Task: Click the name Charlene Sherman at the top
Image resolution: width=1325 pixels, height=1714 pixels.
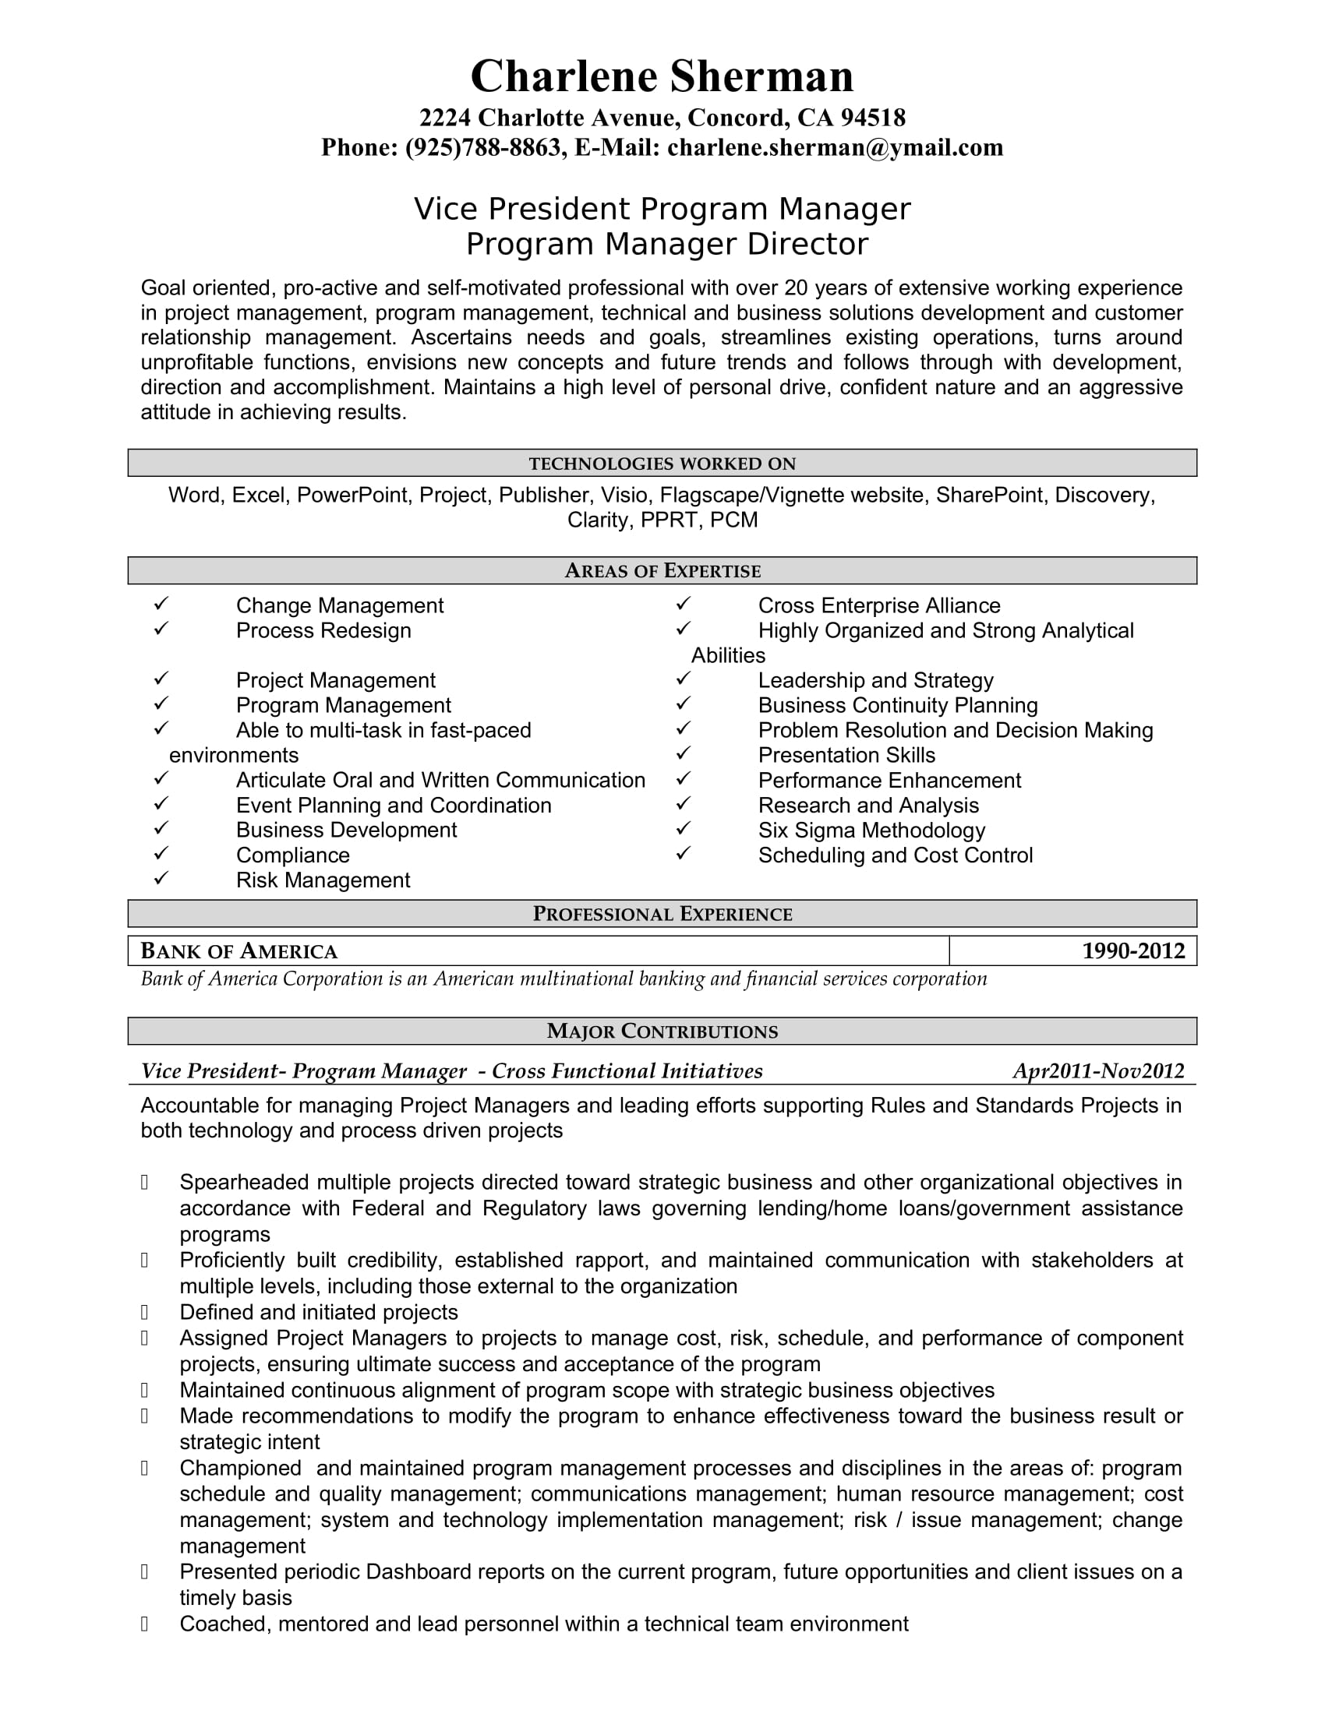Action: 662,76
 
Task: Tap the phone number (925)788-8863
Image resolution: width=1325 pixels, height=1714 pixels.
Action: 482,147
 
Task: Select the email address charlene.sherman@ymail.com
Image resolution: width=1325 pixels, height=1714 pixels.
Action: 836,147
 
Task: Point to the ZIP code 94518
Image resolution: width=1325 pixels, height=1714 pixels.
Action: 873,118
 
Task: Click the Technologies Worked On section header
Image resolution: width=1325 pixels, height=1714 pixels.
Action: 662,464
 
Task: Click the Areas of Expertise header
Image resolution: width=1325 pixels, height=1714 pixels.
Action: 662,571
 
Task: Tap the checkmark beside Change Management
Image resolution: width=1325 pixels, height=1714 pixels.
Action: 161,605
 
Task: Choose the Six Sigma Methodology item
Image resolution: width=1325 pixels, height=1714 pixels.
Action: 871,831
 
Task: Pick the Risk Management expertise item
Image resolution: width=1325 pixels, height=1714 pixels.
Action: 323,880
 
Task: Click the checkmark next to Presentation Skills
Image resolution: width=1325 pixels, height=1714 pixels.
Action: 683,753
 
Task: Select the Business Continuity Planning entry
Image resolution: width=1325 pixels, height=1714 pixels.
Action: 897,706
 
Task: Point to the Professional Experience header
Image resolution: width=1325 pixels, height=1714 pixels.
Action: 662,915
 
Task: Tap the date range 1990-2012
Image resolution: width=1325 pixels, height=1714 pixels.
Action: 1132,951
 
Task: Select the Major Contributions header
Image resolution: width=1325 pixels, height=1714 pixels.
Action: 662,1032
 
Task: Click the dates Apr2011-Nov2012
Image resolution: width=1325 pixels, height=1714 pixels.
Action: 1098,1071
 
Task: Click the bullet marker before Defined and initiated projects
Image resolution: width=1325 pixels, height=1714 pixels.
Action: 145,1312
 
